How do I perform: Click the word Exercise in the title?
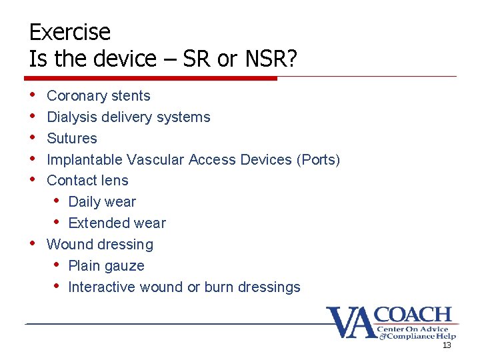click(x=70, y=32)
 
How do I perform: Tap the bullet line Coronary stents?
click(x=99, y=96)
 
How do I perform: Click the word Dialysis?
click(x=72, y=117)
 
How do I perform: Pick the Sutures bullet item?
click(x=72, y=139)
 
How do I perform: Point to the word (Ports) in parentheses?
click(x=319, y=160)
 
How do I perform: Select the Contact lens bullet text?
click(x=87, y=181)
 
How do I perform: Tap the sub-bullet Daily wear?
click(x=102, y=202)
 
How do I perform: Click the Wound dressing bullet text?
click(x=100, y=245)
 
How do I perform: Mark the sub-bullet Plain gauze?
click(x=106, y=266)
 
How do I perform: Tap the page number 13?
click(x=447, y=345)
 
